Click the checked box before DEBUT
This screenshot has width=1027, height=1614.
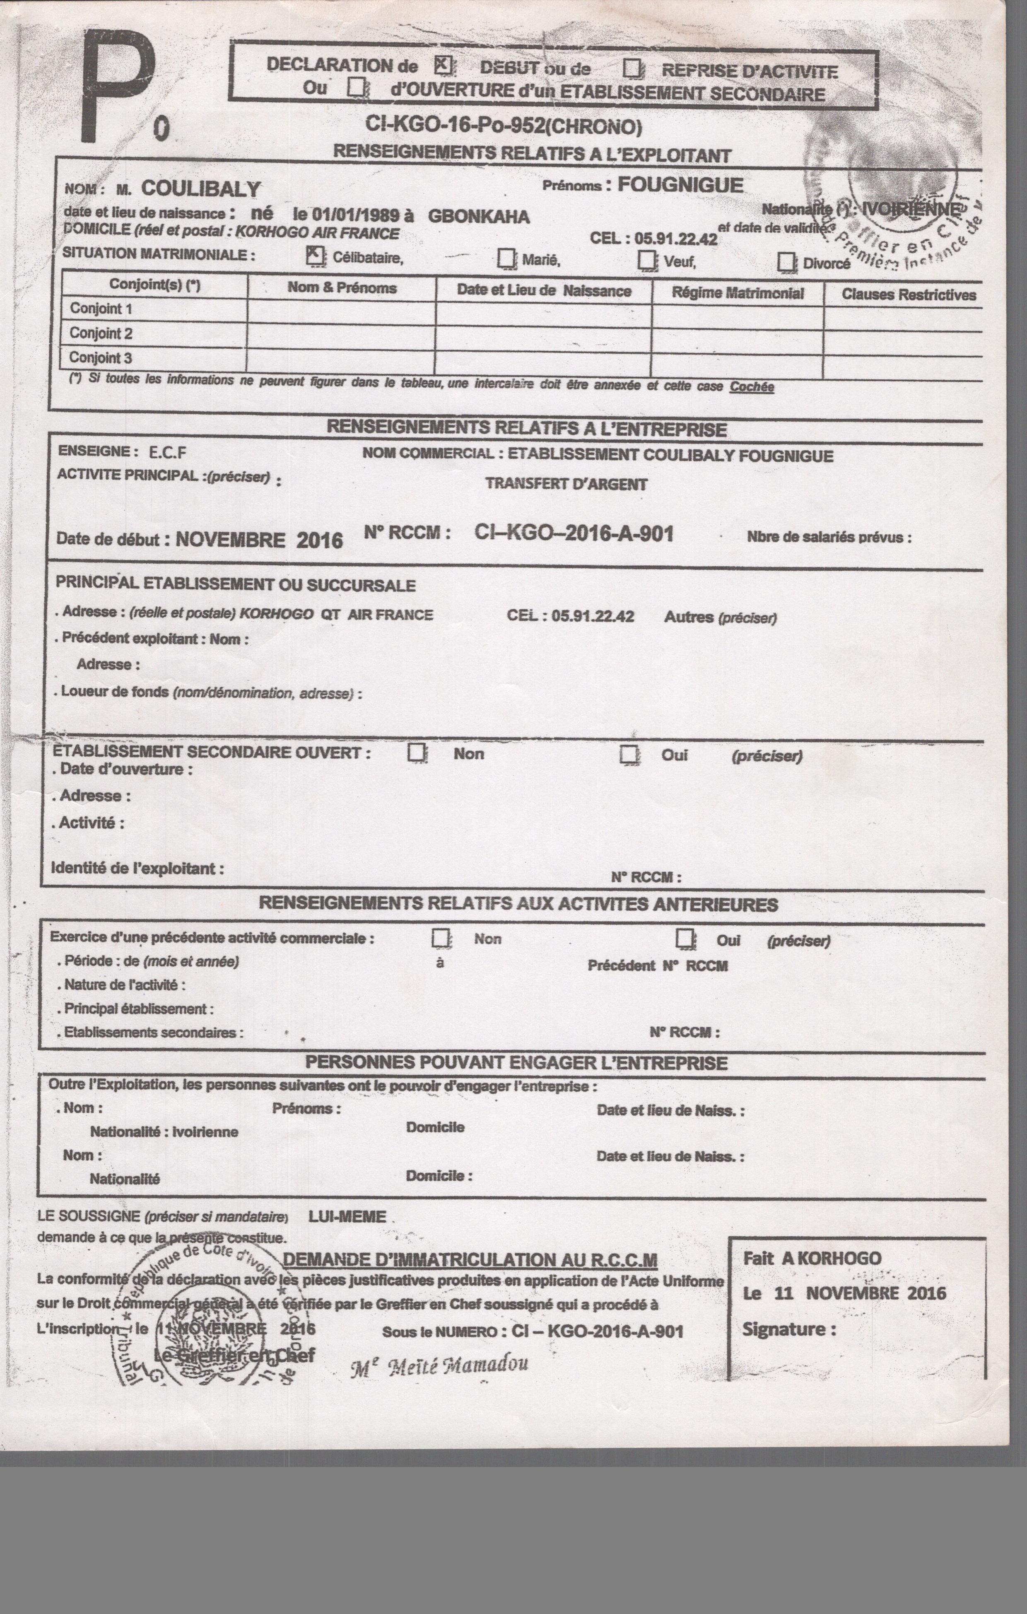[442, 65]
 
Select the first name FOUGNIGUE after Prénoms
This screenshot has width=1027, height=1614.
[680, 185]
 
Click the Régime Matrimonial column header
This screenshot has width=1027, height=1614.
[738, 293]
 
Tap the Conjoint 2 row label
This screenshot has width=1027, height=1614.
[101, 333]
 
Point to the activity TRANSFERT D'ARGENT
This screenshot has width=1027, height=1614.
[567, 484]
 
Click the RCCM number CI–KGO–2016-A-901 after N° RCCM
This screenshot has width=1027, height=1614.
[574, 533]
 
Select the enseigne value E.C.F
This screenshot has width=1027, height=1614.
[168, 452]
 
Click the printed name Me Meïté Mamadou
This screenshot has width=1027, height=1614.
[439, 1364]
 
